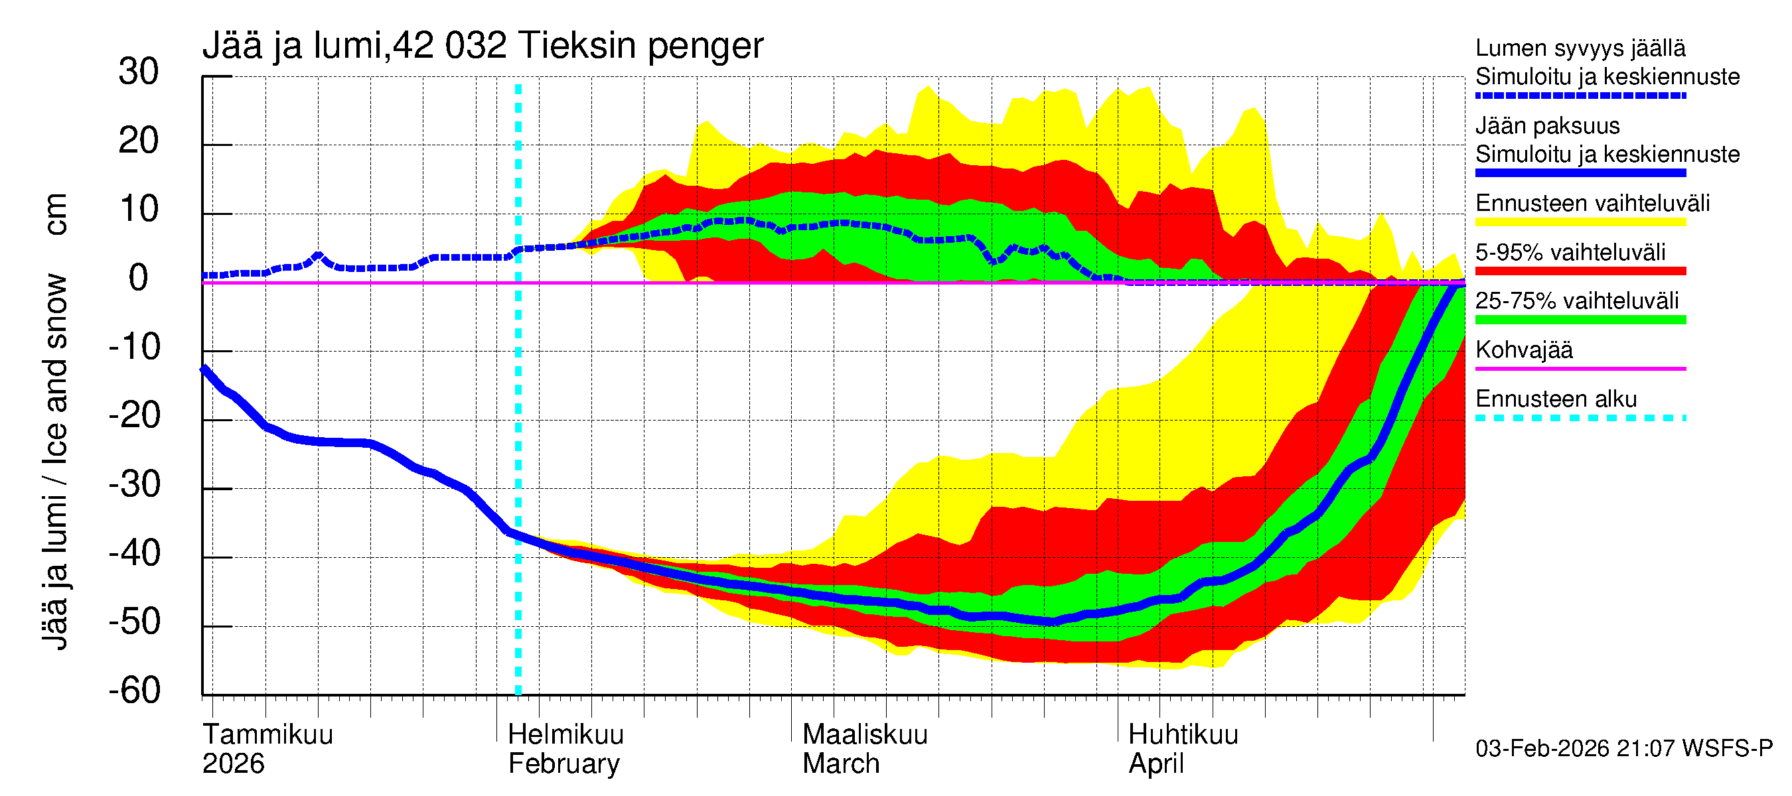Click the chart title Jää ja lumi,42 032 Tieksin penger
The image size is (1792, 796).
coord(482,46)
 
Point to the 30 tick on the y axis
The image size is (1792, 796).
coord(139,72)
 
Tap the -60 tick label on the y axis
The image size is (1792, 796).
coord(134,691)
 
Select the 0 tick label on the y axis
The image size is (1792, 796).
coord(139,278)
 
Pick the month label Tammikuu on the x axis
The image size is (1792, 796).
coord(268,735)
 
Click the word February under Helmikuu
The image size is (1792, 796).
coord(563,764)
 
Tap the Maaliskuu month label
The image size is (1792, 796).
coord(865,735)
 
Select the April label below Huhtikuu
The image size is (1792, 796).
coord(1156,764)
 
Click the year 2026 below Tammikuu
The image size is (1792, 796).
coord(233,764)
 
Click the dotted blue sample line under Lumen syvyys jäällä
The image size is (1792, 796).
coord(1580,96)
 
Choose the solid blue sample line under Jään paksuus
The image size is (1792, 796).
coord(1580,173)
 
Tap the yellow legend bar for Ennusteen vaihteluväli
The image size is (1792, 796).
coord(1580,222)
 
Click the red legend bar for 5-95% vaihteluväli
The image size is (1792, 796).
coord(1580,271)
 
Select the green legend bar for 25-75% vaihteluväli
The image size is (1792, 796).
coord(1580,320)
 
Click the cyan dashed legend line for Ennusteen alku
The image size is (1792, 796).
coord(1580,419)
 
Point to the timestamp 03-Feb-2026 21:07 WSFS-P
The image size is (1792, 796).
coord(1623,749)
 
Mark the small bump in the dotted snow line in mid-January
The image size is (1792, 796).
coord(318,256)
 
